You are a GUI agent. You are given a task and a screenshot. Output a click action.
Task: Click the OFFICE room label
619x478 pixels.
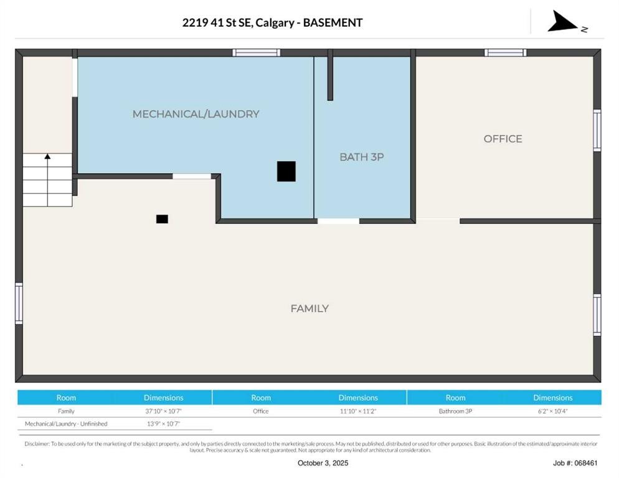(503, 139)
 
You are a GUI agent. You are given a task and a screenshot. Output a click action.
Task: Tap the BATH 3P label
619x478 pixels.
(361, 157)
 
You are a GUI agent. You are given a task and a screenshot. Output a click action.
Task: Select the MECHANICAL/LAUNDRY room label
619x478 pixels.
(196, 114)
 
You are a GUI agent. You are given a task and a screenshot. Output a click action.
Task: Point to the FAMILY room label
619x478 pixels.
(309, 308)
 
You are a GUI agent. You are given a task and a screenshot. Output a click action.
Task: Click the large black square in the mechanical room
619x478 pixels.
(286, 171)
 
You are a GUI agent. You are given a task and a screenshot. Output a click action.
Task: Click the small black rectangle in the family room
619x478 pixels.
(162, 219)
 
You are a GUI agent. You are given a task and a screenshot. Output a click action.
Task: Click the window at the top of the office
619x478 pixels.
(505, 53)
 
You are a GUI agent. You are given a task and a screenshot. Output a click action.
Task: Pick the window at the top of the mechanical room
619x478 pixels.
(256, 53)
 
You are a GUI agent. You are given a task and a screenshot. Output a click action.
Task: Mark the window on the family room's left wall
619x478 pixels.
(19, 303)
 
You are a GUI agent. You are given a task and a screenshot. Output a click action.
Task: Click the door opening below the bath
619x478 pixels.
(338, 221)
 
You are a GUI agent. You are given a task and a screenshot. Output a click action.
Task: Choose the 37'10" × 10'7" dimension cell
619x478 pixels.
(164, 411)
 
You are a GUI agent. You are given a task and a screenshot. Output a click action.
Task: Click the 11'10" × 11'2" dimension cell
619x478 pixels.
(358, 411)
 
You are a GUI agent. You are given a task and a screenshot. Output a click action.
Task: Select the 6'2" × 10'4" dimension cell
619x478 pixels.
(552, 411)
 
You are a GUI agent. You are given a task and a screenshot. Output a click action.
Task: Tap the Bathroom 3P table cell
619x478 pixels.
(455, 411)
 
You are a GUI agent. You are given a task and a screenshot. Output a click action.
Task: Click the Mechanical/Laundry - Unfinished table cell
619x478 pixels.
(66, 424)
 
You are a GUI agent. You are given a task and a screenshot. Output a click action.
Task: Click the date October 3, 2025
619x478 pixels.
(323, 463)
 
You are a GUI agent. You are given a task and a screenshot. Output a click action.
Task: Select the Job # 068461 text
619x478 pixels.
(575, 463)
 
